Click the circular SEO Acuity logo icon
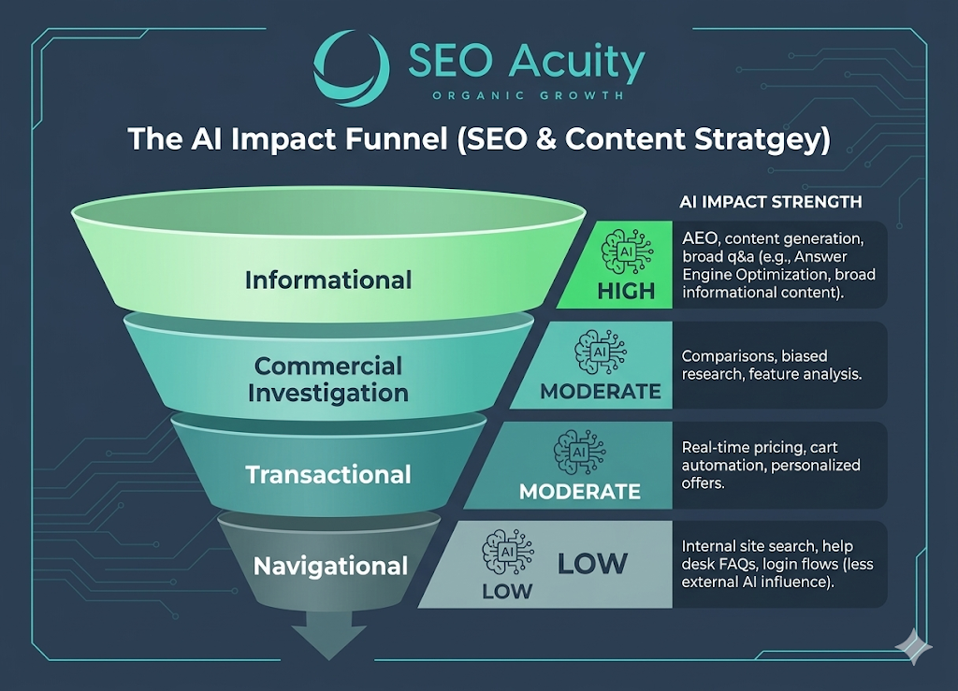352,67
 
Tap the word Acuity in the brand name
576,63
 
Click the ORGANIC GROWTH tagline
528,95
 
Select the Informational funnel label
328,281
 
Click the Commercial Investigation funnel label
328,379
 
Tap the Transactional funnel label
328,474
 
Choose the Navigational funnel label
330,566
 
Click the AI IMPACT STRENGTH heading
771,202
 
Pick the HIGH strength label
626,291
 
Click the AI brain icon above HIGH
627,252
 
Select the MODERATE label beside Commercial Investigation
600,391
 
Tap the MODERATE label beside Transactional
580,492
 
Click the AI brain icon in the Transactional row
579,453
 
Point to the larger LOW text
592,564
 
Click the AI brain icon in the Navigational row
508,552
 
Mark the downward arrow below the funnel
328,636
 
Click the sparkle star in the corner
914,646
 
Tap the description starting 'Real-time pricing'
771,465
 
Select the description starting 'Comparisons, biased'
771,365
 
